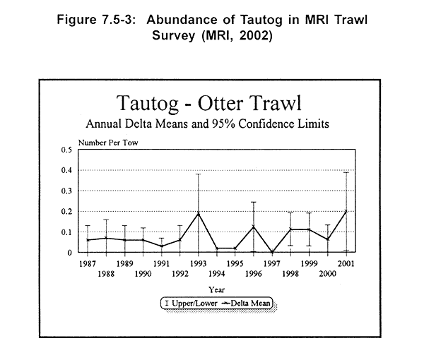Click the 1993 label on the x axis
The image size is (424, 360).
point(199,263)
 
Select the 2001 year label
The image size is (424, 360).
point(346,263)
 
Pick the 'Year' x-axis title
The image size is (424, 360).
point(217,289)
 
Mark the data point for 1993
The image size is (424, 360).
point(199,213)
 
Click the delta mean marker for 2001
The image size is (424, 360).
point(346,211)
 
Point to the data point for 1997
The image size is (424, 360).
point(272,252)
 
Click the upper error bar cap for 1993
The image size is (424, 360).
point(199,174)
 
